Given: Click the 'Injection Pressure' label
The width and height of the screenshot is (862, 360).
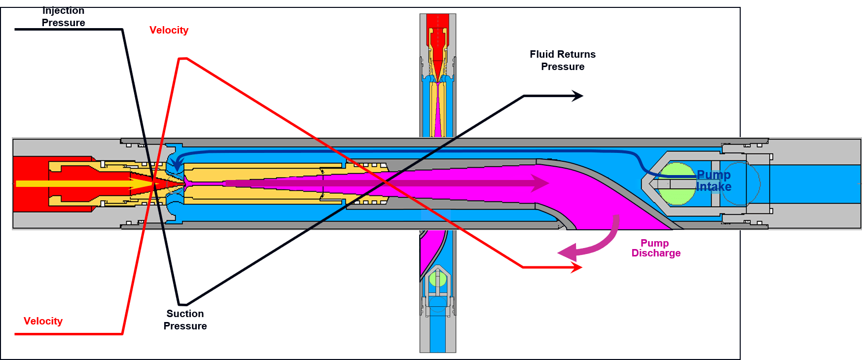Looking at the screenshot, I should point(63,17).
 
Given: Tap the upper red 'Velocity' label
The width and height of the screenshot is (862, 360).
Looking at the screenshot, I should point(169,30).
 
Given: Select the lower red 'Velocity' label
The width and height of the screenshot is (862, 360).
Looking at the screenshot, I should point(43,321).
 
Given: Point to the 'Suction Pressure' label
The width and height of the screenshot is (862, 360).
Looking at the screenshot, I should point(185,320).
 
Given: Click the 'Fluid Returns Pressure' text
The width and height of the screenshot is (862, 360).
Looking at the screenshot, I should point(563,60).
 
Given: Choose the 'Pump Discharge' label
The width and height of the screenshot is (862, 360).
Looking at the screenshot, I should point(656,248).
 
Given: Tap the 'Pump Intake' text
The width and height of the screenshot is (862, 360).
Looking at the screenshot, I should point(714,181).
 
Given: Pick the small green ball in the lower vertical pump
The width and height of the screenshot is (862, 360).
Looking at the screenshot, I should point(437,279).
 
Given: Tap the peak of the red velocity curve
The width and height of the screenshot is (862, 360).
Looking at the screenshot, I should point(182,59).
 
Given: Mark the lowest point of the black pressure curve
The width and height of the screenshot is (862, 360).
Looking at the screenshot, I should point(182,304).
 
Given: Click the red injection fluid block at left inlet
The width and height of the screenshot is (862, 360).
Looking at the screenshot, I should point(30,184).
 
